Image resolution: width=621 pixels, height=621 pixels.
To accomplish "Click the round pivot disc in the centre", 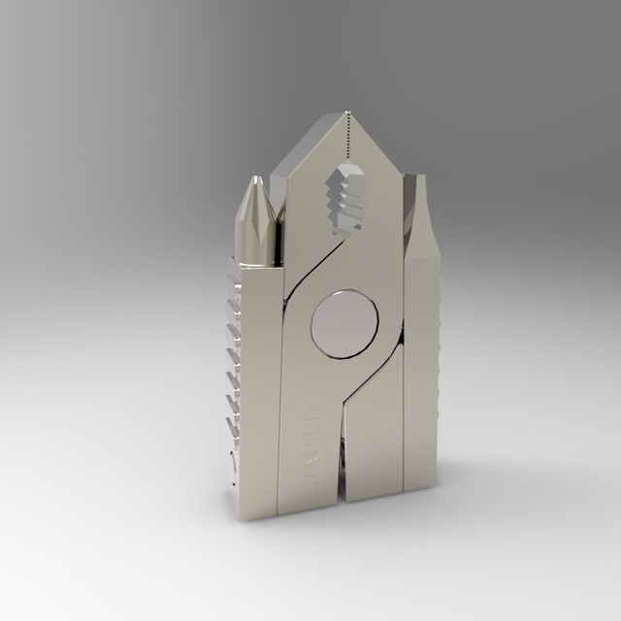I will tap(344, 324).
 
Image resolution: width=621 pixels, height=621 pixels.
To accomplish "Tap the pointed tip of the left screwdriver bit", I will tap(257, 180).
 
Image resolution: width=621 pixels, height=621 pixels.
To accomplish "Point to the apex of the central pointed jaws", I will tap(347, 114).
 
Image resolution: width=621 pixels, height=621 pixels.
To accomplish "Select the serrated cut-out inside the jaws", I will tap(346, 199).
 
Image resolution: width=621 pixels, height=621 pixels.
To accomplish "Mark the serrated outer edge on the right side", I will tap(437, 369).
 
